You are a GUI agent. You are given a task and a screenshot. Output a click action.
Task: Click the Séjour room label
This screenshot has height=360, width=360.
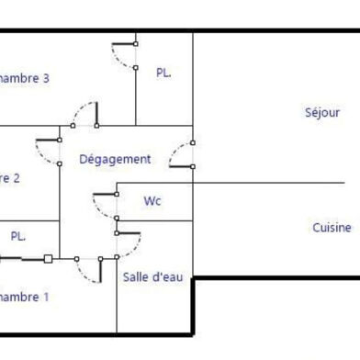322,112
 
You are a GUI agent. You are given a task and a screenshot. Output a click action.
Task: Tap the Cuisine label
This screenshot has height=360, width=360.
331,227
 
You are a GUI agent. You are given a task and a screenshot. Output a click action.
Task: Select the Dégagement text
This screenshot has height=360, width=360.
115,159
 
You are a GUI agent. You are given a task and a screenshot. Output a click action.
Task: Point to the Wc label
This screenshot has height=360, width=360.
152,200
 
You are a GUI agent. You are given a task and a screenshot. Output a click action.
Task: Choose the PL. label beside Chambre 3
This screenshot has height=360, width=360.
164,72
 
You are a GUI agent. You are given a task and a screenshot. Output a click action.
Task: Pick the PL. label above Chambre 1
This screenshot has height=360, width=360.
18,236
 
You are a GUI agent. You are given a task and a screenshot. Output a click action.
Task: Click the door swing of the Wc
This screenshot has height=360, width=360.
101,204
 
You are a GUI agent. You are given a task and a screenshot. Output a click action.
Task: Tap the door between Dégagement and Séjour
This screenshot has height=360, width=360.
185,153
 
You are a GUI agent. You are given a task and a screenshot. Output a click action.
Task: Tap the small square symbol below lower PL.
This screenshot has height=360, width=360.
48,259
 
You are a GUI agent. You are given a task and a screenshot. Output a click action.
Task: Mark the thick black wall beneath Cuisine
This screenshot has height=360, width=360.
276,277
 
